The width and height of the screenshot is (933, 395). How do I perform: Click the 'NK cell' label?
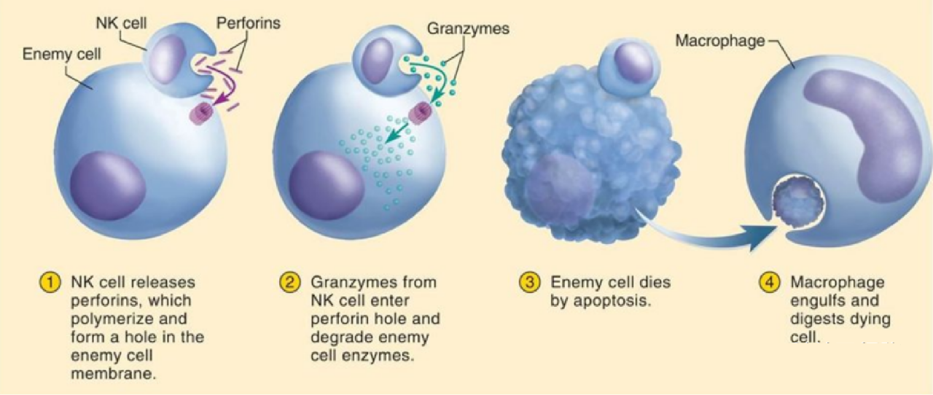click(x=121, y=23)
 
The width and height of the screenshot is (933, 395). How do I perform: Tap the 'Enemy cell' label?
click(x=61, y=54)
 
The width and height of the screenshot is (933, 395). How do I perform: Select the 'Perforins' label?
click(x=249, y=23)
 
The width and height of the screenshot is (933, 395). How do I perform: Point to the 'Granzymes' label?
click(x=468, y=28)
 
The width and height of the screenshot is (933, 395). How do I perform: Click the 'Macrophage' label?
click(x=720, y=40)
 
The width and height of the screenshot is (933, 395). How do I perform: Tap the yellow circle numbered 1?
click(x=50, y=283)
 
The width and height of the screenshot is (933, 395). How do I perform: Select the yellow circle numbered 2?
click(x=290, y=283)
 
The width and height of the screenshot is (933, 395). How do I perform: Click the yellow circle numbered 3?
click(x=530, y=283)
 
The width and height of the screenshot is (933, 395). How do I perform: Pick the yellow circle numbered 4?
click(x=770, y=283)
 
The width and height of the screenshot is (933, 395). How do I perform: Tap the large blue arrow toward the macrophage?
click(x=704, y=235)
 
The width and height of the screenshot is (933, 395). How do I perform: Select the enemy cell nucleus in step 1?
click(x=108, y=186)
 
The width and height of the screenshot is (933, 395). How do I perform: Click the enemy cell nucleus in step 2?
click(x=327, y=185)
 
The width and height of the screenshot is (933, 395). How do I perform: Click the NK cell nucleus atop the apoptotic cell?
click(x=634, y=63)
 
